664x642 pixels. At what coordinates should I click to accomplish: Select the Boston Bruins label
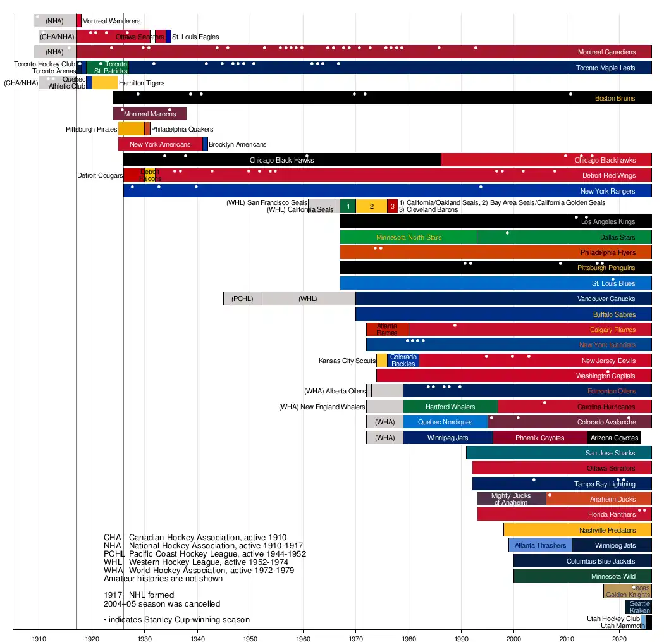click(x=615, y=98)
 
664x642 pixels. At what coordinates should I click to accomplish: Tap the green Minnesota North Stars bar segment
click(x=408, y=237)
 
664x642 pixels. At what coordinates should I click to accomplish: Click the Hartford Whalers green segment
click(x=450, y=407)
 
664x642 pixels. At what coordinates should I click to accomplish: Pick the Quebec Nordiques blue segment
click(x=445, y=422)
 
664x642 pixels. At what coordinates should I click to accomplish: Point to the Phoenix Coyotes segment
click(x=539, y=438)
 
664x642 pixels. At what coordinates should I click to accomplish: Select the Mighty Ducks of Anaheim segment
click(x=510, y=499)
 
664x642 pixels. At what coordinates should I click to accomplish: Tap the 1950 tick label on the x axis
click(x=250, y=634)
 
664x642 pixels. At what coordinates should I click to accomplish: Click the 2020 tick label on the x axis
click(x=620, y=634)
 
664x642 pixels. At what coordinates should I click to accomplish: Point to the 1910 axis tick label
click(x=39, y=634)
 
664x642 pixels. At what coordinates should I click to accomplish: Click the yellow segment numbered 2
click(x=372, y=206)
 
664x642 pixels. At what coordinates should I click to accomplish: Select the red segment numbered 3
click(x=393, y=206)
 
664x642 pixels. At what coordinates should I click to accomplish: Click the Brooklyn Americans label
click(x=237, y=144)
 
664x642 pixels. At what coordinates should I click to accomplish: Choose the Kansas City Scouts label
click(x=347, y=361)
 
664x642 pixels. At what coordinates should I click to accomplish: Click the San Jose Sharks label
click(x=610, y=453)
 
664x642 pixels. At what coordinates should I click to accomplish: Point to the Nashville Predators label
click(x=607, y=530)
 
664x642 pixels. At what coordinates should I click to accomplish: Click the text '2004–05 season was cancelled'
click(x=162, y=603)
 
